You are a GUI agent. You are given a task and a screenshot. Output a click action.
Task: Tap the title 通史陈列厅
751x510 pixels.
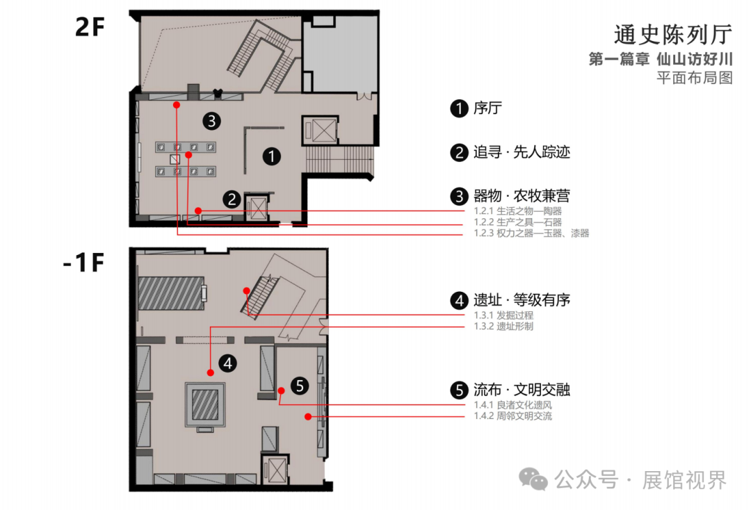point(673,35)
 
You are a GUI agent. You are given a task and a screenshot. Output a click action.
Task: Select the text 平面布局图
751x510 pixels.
point(695,77)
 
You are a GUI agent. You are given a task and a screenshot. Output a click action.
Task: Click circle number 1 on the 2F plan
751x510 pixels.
point(272,156)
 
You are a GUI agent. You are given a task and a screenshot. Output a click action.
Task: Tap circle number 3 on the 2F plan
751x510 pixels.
point(212,121)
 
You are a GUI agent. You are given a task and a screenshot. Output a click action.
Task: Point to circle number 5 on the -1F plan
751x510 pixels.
point(299,386)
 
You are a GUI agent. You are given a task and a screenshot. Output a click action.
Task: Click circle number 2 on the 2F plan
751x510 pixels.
point(232,199)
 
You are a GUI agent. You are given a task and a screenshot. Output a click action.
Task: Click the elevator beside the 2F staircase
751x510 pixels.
point(320,130)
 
